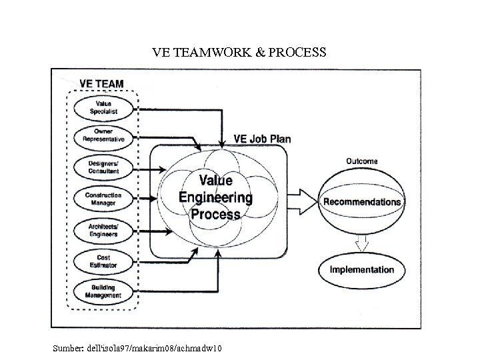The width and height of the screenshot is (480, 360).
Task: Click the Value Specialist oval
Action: click(103, 107)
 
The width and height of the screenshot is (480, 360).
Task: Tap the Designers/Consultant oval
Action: click(103, 167)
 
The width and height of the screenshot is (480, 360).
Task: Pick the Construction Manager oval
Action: click(103, 198)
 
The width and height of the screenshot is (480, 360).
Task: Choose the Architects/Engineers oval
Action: click(103, 231)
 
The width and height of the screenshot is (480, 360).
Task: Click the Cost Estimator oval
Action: click(103, 262)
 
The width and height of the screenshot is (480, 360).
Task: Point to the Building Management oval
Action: click(103, 291)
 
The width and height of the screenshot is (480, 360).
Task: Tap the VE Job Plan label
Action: click(261, 139)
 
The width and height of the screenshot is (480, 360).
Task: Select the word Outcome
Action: click(362, 161)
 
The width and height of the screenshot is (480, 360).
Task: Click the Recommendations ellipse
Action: click(362, 201)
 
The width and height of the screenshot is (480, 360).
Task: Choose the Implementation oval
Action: click(362, 270)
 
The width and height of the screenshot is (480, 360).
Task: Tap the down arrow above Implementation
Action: click(361, 243)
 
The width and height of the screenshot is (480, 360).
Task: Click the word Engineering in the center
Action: click(215, 197)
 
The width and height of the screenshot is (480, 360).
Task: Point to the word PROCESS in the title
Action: click(295, 52)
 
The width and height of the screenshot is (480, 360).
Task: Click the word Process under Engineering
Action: click(215, 214)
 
